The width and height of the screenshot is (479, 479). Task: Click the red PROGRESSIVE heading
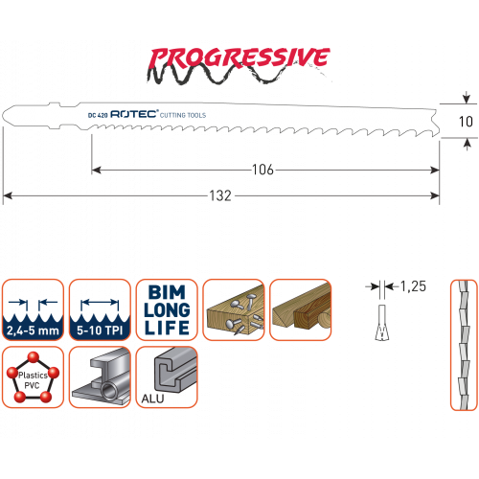pos(239,58)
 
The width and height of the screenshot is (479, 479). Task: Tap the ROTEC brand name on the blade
pos(134,114)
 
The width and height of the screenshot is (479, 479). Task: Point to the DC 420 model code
pos(98,115)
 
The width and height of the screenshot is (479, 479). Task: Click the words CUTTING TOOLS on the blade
pos(183,115)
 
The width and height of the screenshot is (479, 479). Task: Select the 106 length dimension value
pos(262,170)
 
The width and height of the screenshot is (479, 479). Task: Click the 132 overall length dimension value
pos(220,195)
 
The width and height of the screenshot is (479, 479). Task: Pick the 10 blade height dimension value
pos(466,122)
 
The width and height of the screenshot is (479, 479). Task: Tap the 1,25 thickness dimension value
pos(413,286)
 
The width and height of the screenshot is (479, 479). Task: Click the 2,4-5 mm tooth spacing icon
pos(33,309)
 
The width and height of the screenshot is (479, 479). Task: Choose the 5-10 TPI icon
pos(100,309)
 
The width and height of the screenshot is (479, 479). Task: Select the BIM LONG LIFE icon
pos(167,309)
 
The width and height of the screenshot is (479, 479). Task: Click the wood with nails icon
pos(234,309)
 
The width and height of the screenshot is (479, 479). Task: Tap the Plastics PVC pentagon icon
pos(33,376)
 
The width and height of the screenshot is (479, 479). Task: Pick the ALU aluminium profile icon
pos(167,376)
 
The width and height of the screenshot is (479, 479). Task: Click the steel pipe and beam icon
pos(100,376)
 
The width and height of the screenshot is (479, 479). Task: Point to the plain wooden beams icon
pos(301,309)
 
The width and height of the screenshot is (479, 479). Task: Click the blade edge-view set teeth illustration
pos(464,345)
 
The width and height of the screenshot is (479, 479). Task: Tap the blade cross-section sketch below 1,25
pos(382,323)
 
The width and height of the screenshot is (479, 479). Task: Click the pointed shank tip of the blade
pos(3,115)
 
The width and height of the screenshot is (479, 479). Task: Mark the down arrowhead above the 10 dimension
pos(467,99)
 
